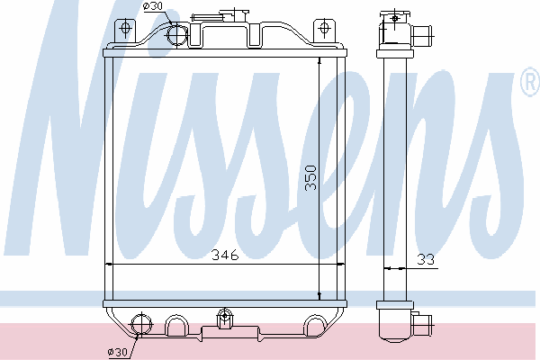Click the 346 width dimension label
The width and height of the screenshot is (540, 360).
point(225,255)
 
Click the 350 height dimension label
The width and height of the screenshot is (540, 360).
point(310,178)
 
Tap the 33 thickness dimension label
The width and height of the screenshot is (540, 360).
point(426,259)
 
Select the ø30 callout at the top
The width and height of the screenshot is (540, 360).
point(154,6)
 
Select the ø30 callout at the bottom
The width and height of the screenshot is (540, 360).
point(117,352)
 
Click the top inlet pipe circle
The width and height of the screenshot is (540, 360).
point(177,34)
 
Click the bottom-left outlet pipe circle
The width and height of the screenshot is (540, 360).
point(141,324)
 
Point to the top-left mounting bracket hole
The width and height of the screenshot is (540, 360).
point(125,28)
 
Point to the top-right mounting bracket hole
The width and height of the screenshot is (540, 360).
point(324,27)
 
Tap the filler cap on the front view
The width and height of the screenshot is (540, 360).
point(234,15)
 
